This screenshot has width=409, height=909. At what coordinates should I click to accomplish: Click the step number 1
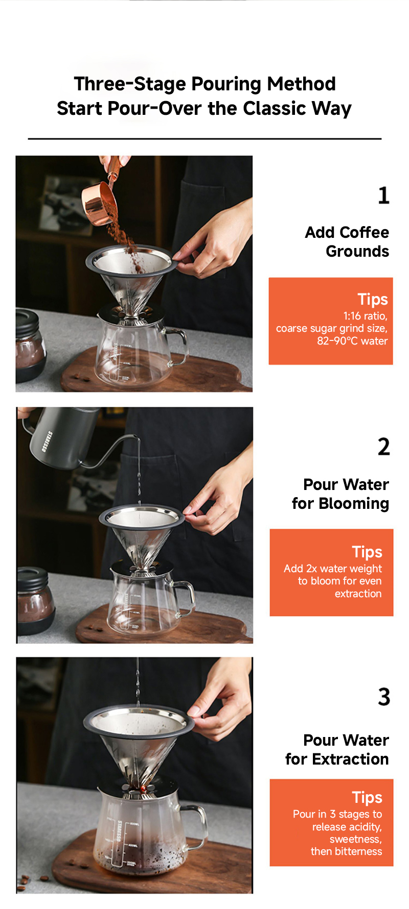click(384, 195)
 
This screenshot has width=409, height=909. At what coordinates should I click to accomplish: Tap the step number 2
click(384, 447)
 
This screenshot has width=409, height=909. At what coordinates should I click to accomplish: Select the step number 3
click(384, 697)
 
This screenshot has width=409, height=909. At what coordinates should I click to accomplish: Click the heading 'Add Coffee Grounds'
click(347, 241)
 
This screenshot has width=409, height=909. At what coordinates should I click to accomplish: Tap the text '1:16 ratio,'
click(365, 316)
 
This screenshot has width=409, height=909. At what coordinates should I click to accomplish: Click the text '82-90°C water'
click(352, 341)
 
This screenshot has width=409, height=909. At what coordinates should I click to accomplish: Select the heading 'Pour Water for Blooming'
click(340, 494)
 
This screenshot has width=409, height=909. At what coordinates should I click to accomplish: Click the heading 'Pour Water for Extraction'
click(337, 749)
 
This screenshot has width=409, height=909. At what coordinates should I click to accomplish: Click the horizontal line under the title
click(204, 138)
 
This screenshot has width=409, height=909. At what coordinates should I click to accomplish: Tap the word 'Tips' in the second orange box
click(367, 552)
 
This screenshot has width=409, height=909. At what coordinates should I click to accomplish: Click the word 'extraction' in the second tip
click(358, 594)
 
